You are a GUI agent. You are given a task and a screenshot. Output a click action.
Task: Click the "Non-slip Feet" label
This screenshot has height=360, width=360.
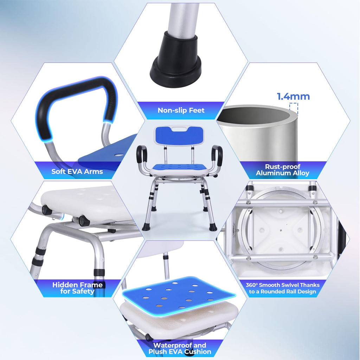(181, 110)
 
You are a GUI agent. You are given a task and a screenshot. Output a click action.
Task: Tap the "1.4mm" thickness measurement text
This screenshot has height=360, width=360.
(293, 96)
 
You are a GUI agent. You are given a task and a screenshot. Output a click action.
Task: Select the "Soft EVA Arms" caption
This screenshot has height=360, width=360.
(77, 172)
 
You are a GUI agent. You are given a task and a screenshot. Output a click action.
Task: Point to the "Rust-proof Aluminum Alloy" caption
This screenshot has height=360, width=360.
(282, 170)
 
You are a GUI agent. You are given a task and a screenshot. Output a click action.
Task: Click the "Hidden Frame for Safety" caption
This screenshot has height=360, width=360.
(77, 288)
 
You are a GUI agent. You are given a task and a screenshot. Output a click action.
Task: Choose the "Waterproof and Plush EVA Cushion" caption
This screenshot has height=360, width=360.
(180, 348)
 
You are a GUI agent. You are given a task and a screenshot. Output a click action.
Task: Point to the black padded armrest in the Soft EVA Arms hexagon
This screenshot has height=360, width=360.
(76, 101)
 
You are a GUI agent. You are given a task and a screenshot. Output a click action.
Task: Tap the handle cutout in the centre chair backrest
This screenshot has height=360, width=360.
(179, 129)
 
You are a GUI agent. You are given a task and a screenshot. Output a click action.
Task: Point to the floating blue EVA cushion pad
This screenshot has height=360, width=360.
(179, 295)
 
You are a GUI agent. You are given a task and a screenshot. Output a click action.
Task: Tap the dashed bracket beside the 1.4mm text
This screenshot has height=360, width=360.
(294, 108)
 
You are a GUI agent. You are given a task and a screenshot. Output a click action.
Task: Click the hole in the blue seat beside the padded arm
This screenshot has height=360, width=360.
(119, 155)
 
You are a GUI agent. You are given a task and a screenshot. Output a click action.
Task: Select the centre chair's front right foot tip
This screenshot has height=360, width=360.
(213, 228)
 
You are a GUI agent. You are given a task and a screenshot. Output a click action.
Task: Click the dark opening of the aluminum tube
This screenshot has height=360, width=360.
(255, 114)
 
